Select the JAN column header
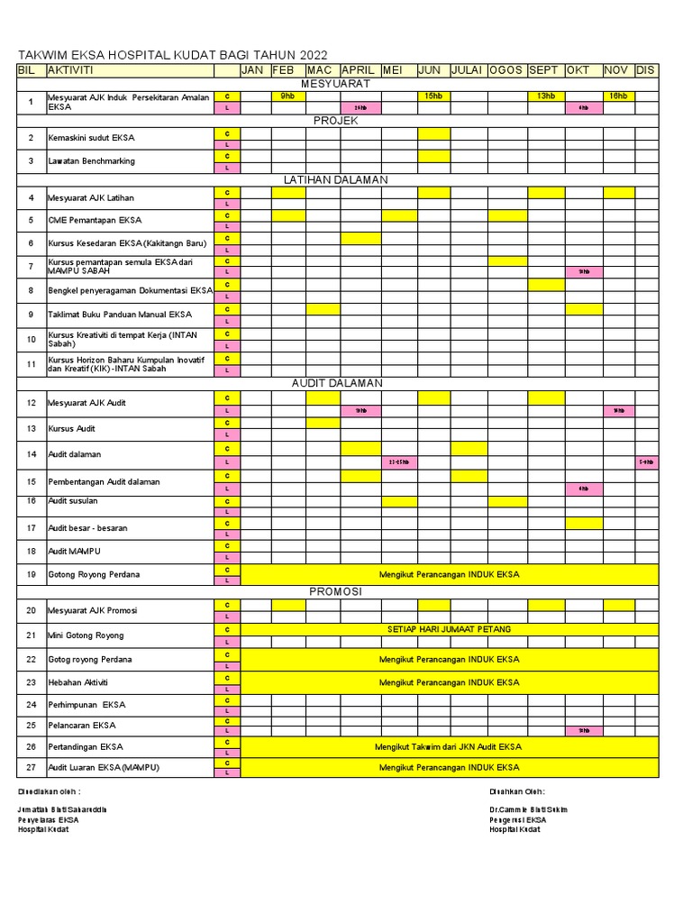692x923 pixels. point(253,70)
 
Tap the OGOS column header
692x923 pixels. point(506,70)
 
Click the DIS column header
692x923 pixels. point(646,70)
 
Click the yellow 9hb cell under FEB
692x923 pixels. point(287,96)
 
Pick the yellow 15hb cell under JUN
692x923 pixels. point(433,96)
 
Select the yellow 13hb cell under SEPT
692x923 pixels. point(546,96)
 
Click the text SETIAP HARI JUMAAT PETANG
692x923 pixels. point(449,629)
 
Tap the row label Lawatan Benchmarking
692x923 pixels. point(91,161)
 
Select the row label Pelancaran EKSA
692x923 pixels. point(82,725)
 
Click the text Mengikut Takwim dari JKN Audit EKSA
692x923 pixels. point(448,746)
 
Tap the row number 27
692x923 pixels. point(31,768)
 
